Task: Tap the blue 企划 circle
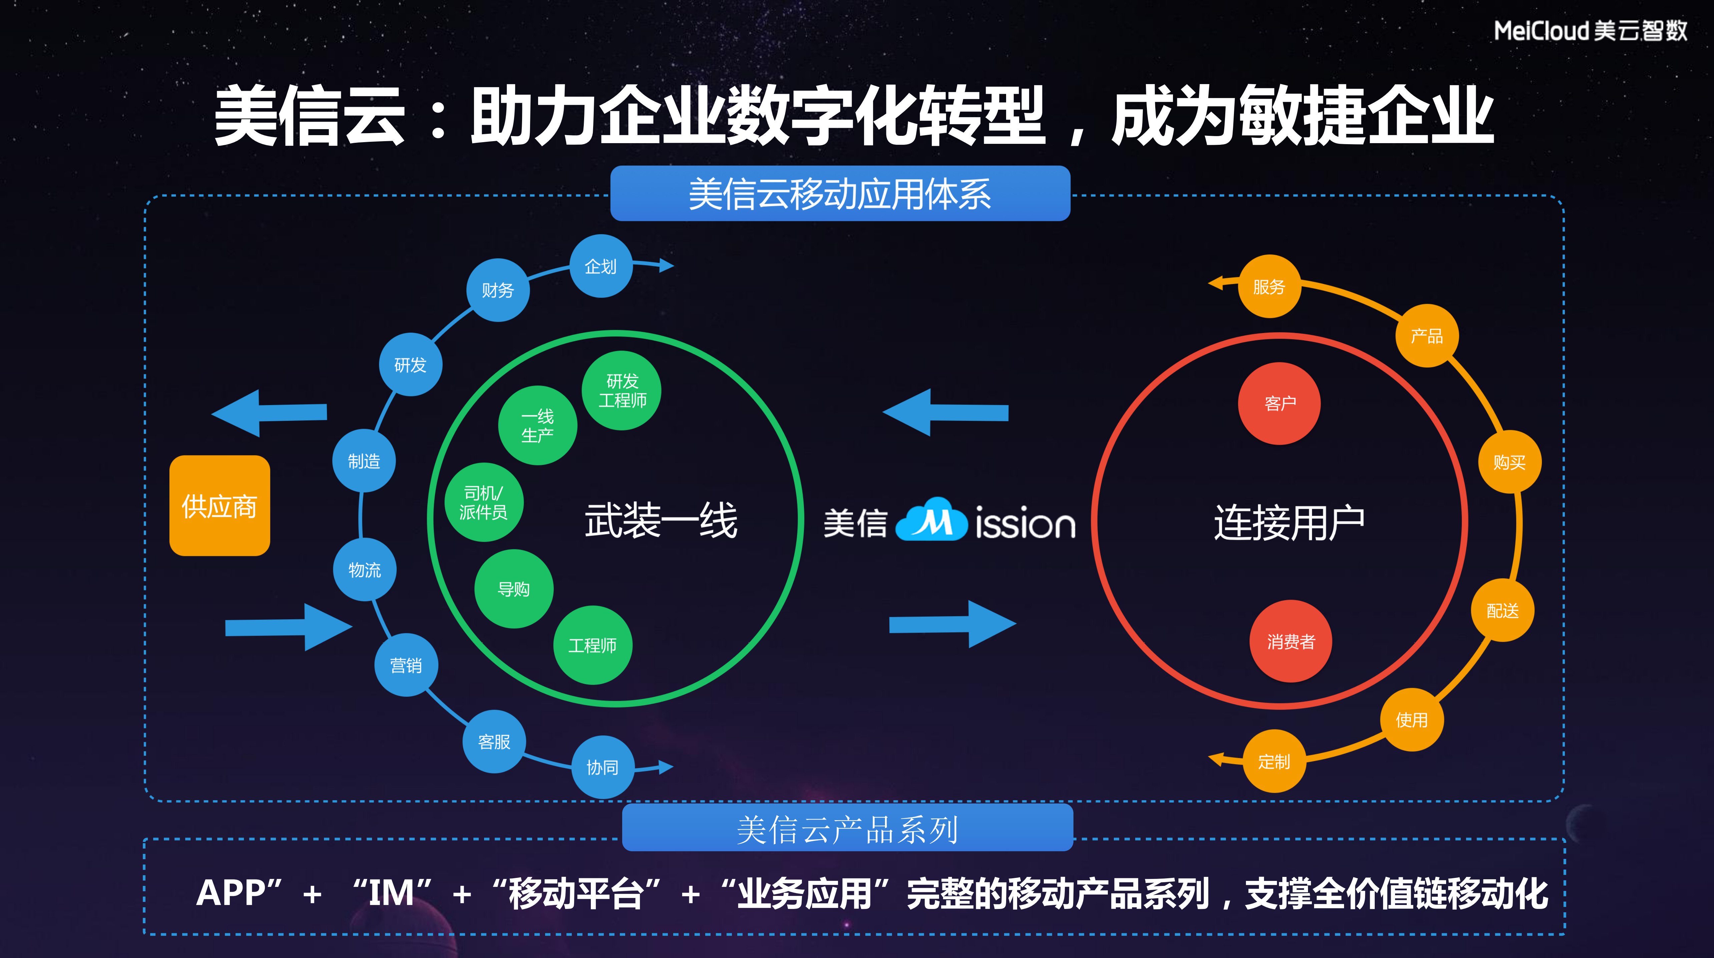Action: point(601,266)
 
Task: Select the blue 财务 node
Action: point(498,290)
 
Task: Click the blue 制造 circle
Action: point(364,461)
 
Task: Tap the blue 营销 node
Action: point(406,665)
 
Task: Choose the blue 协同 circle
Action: point(602,767)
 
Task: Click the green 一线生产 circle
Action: point(538,425)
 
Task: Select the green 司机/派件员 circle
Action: point(484,502)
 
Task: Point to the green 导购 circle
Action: point(514,589)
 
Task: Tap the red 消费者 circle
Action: point(1291,641)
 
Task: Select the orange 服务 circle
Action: point(1269,287)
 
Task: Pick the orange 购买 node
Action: point(1509,462)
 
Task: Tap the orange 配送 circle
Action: point(1503,611)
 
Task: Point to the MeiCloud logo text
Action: point(1590,31)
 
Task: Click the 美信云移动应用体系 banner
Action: point(840,194)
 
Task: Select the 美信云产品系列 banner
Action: point(847,829)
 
